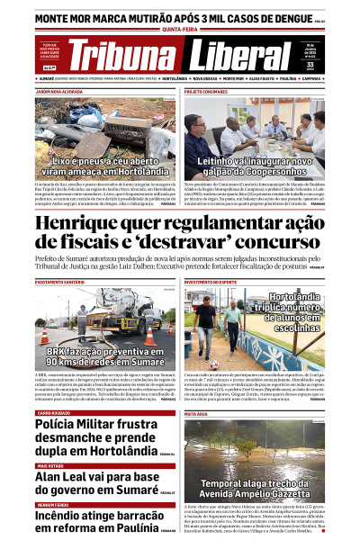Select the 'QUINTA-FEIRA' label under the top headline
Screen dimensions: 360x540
pos(180,28)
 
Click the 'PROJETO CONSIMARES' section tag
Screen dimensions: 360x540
pos(206,92)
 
